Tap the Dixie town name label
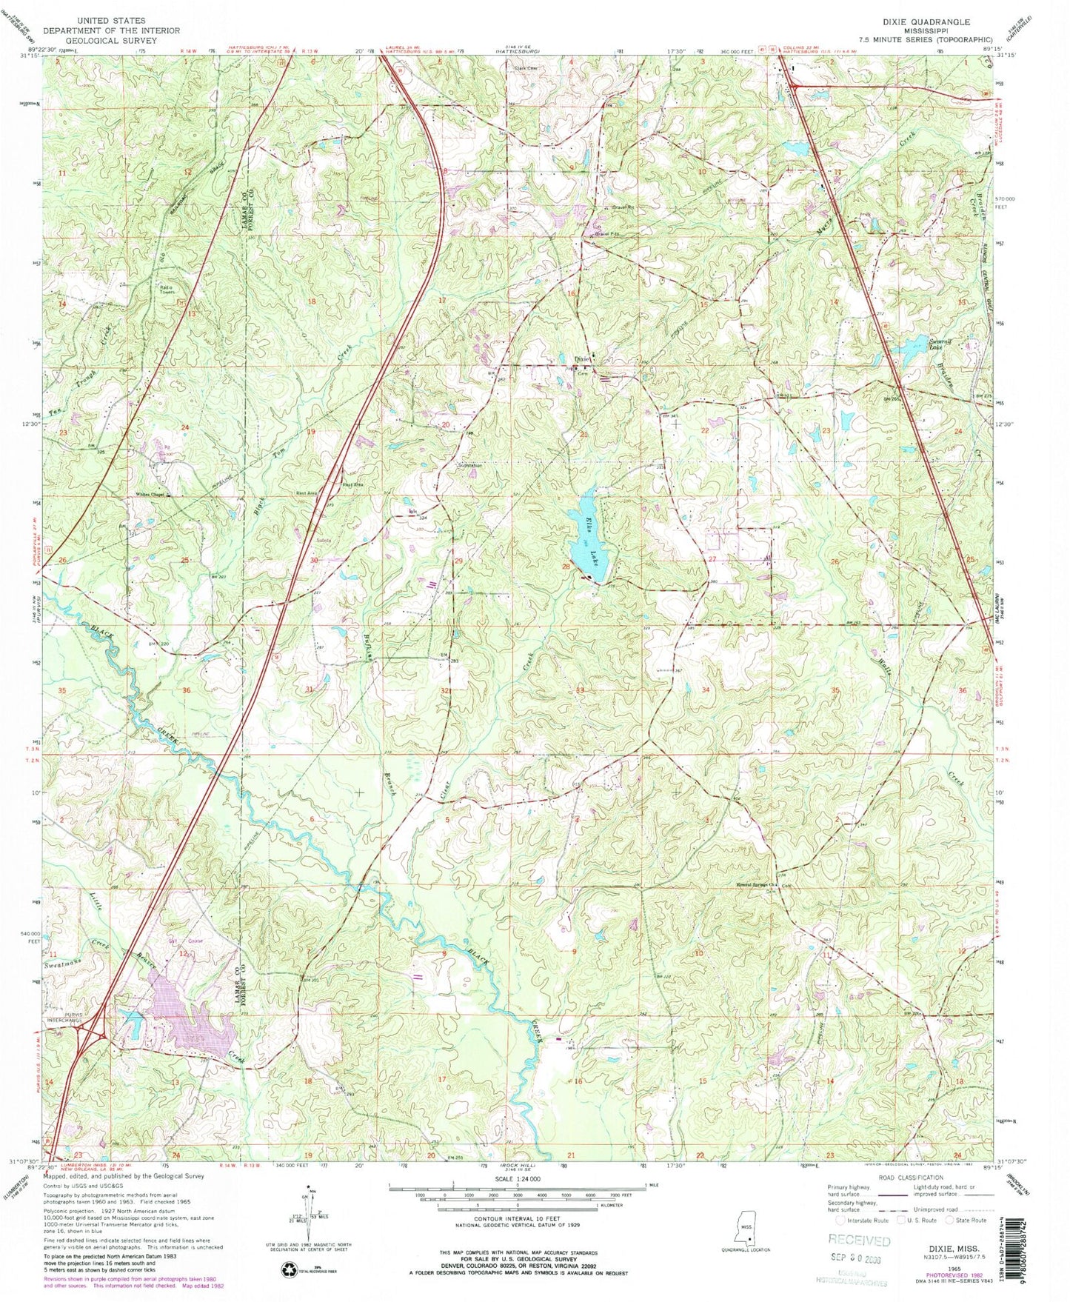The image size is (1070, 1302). tap(582, 359)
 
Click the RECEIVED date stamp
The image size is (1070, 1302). tap(860, 1241)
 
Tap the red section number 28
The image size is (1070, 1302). tap(566, 567)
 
